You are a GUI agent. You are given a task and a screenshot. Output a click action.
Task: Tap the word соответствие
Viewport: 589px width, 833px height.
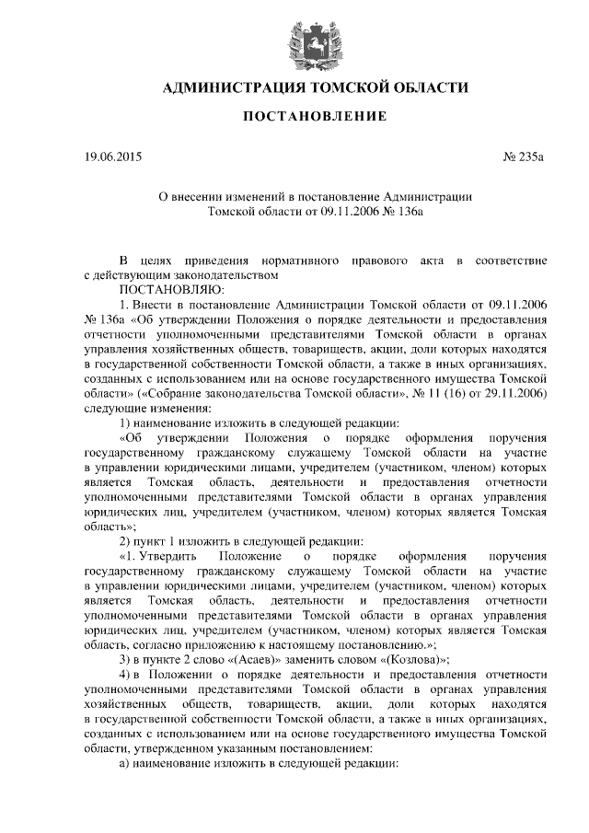click(512, 261)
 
